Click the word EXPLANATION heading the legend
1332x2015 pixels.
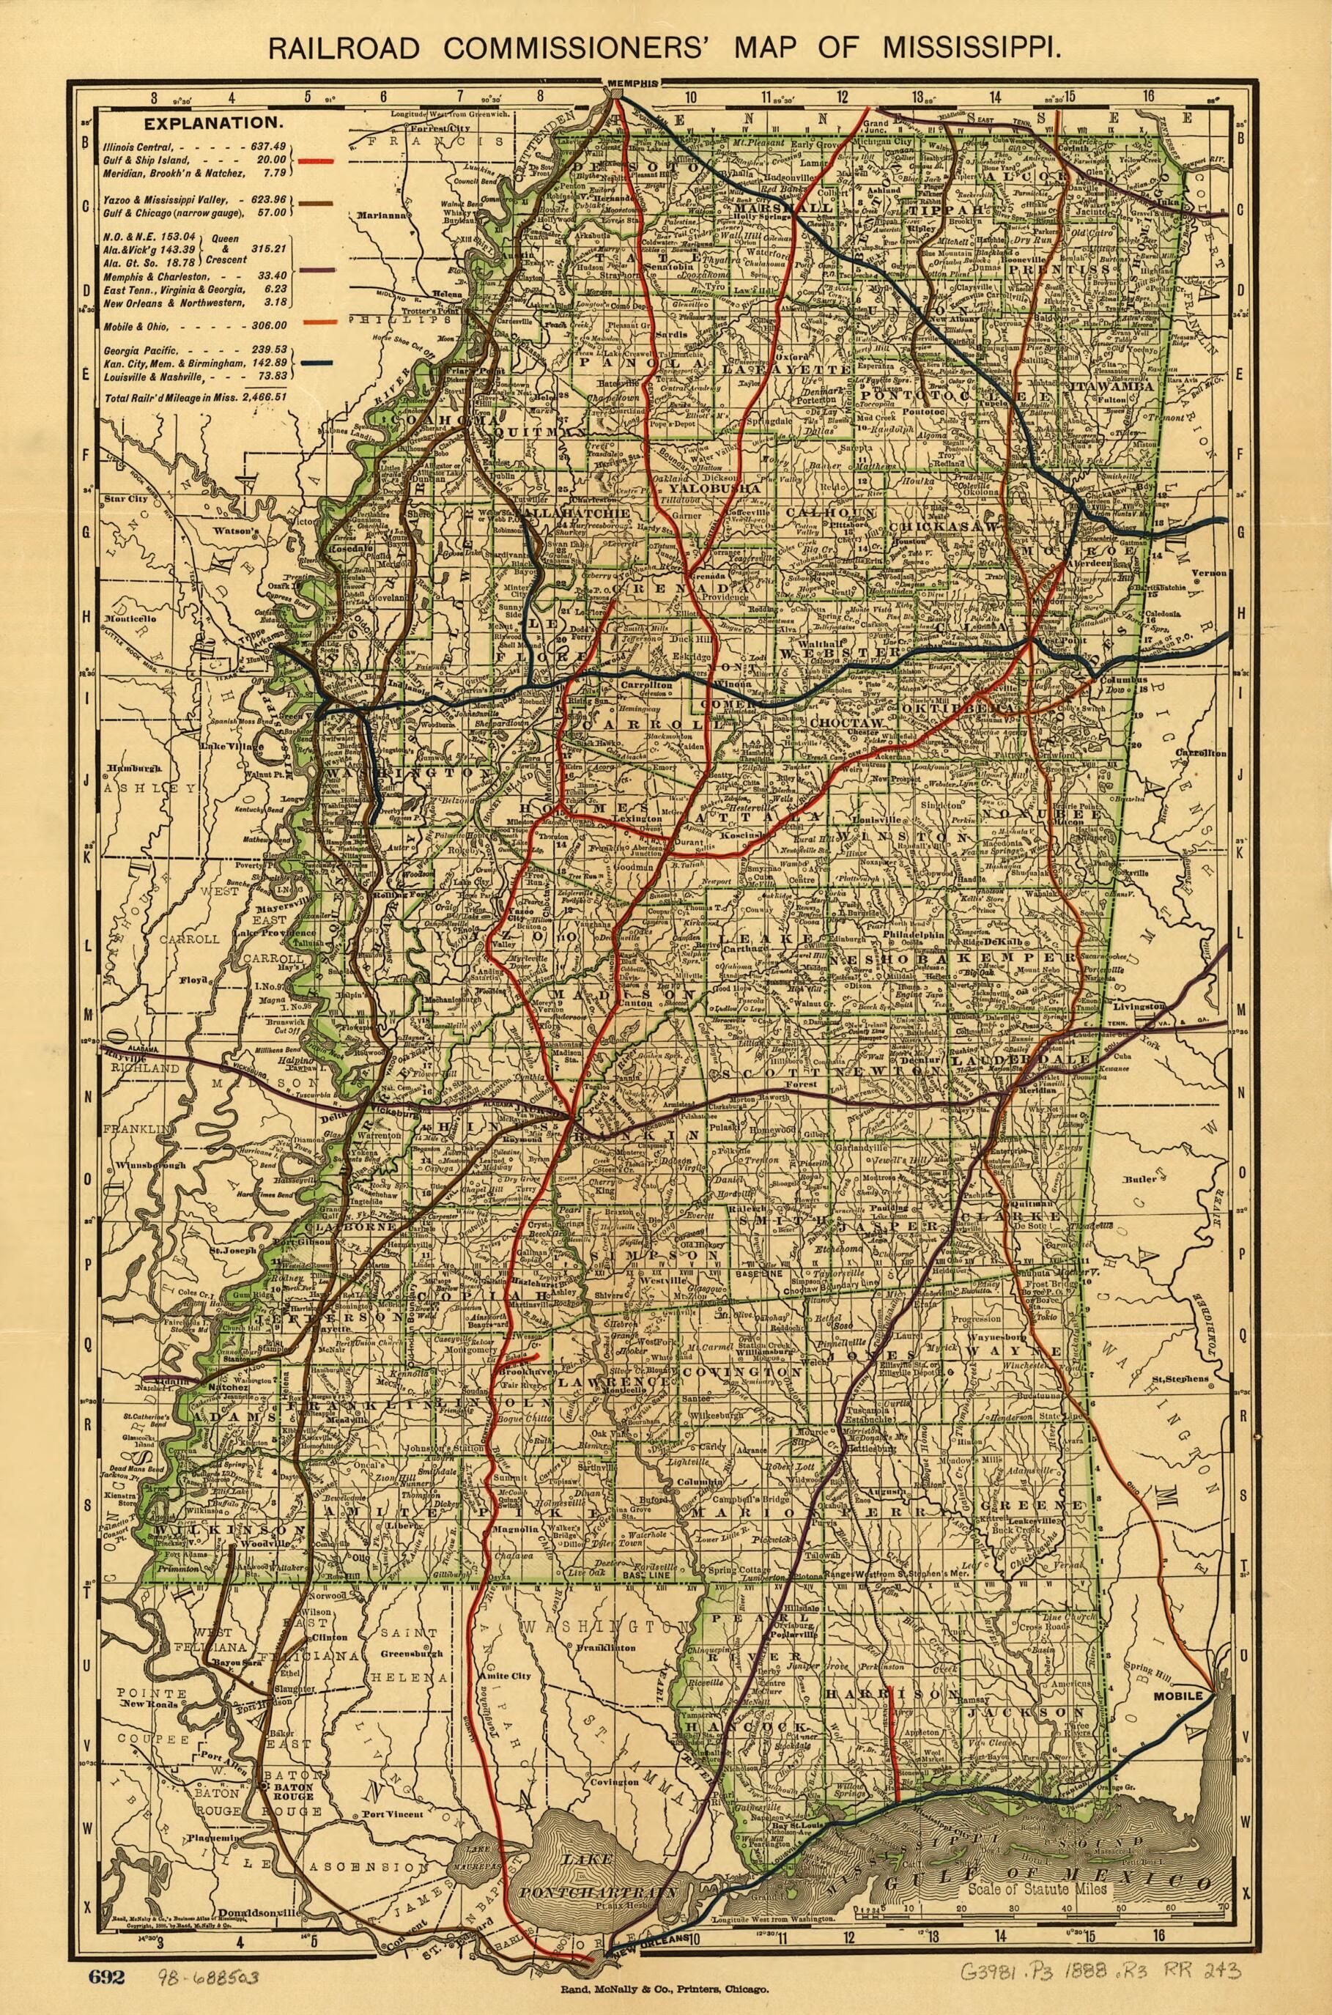point(201,123)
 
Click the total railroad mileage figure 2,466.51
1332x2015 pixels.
point(260,396)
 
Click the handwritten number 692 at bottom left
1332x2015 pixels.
point(107,1953)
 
